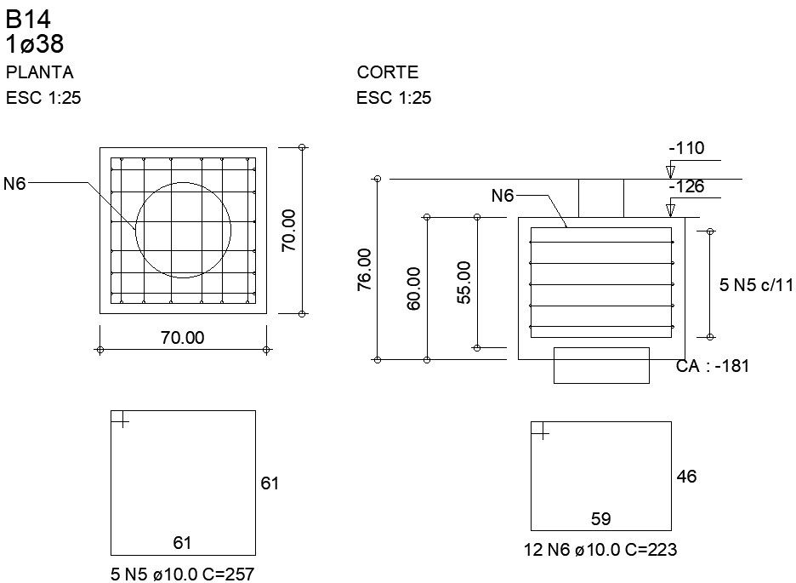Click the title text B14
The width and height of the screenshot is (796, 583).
coord(22,20)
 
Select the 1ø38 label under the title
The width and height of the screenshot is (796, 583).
coord(35,44)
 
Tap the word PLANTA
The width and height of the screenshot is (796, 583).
coord(39,72)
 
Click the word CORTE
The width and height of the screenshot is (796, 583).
coord(388,73)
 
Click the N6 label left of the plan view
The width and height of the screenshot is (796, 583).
coord(14,182)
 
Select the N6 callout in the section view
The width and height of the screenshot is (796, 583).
coord(503,196)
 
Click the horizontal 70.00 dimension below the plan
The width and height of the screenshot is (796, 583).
coord(183,338)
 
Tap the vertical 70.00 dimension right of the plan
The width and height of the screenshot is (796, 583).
coord(289,230)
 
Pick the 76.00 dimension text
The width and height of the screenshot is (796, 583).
coord(364,270)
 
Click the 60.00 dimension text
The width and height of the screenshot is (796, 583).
coord(414,289)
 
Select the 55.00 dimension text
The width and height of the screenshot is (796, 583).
coord(464,283)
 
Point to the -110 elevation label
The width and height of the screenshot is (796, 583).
coord(686,149)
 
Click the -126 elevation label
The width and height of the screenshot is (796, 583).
coord(686,187)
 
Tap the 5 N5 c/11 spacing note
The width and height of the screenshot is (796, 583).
coord(756,285)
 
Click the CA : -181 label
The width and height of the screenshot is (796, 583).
coord(712,366)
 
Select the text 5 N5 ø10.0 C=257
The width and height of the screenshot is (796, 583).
coord(182,575)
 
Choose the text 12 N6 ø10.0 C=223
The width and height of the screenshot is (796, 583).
coord(600,551)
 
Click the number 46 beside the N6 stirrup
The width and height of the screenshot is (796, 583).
coord(686,477)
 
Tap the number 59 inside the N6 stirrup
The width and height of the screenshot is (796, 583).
coord(600,518)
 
